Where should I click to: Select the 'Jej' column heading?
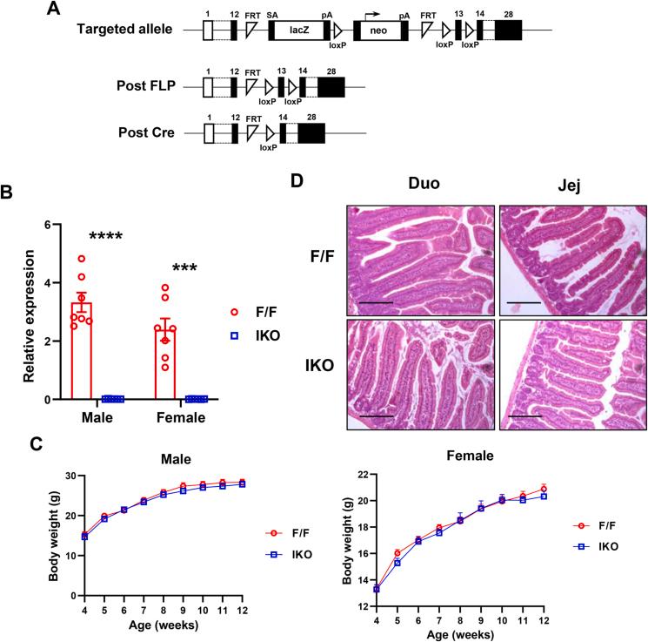click(567, 186)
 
